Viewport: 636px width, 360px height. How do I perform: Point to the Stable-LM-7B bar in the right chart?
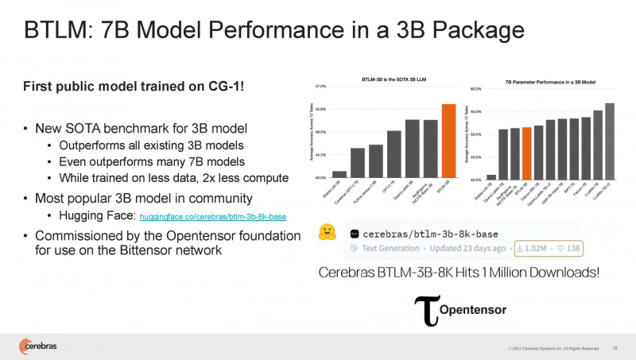(491, 176)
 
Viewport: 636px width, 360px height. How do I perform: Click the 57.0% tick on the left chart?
(320, 86)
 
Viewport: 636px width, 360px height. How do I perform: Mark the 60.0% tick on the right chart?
(476, 89)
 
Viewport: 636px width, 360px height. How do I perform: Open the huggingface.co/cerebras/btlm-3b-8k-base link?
(212, 216)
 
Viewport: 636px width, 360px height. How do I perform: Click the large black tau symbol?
(427, 312)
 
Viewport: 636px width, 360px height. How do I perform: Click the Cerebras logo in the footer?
(39, 346)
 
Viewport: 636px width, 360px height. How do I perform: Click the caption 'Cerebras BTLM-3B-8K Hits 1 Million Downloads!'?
(458, 272)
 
